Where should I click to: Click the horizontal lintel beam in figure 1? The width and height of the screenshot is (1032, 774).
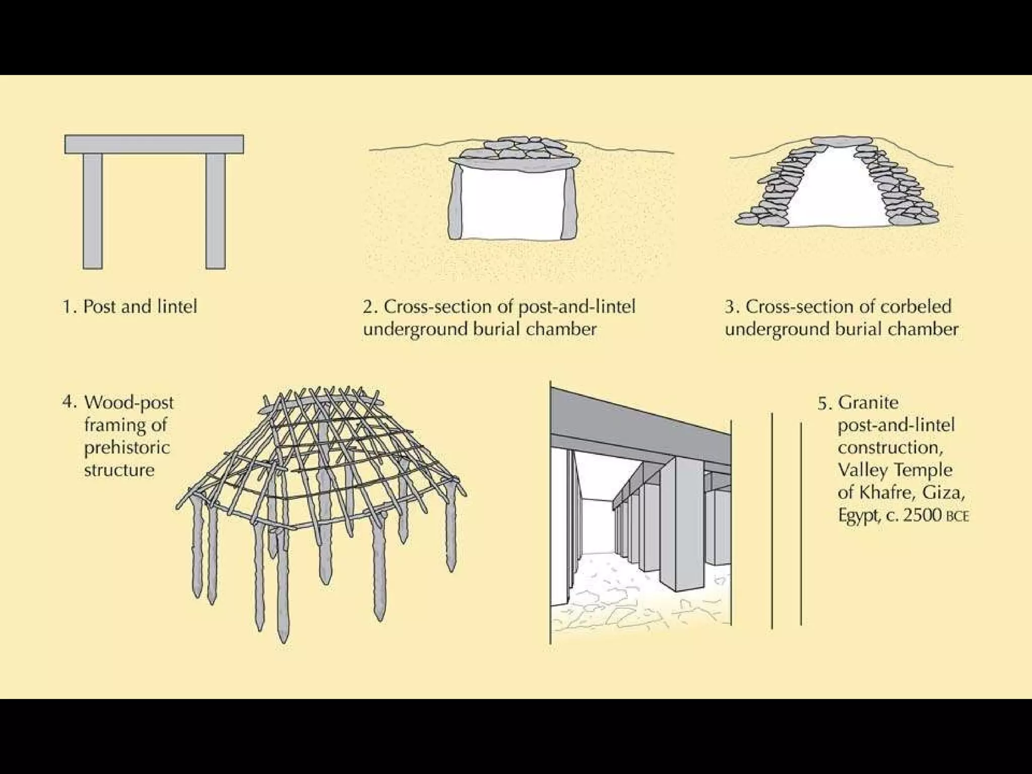point(154,144)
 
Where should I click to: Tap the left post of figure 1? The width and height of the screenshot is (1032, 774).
point(93,211)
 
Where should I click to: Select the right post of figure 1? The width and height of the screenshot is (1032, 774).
point(216,211)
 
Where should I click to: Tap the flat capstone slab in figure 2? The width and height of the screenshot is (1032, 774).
point(514,163)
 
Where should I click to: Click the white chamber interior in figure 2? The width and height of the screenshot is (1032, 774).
point(512,204)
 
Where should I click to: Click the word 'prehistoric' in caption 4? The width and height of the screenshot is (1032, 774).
point(127,448)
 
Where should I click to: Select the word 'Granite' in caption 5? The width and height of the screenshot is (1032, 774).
point(868,403)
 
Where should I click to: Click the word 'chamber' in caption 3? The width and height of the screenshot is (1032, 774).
point(923,329)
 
